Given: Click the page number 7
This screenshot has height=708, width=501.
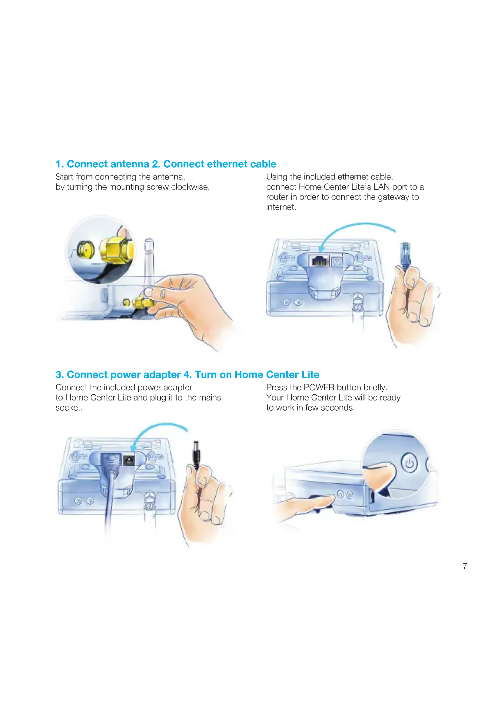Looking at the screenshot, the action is pyautogui.click(x=465, y=566).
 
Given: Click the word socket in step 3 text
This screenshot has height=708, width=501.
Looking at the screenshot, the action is pyautogui.click(x=69, y=408).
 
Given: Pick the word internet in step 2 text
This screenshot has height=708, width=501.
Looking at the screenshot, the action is pyautogui.click(x=281, y=207).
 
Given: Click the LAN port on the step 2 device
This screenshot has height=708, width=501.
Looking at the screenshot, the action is pyautogui.click(x=319, y=261).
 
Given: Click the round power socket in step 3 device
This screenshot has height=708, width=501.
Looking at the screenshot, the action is pyautogui.click(x=129, y=460).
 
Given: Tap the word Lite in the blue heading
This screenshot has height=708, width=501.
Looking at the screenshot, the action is pyautogui.click(x=310, y=375).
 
